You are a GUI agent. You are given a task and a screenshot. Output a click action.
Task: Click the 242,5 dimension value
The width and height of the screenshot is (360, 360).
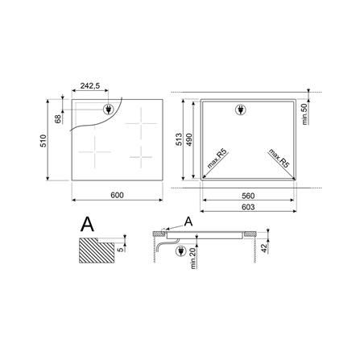90,86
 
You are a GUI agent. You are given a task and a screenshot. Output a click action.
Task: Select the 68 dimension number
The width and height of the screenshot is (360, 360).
58,118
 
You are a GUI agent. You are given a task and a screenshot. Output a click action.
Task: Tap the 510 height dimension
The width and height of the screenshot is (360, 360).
43,141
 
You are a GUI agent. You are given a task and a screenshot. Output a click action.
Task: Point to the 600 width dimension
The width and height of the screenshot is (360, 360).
117,195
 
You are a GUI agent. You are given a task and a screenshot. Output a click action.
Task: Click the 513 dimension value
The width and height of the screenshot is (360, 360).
179,139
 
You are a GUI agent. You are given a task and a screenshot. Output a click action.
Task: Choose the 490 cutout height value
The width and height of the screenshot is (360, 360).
189,139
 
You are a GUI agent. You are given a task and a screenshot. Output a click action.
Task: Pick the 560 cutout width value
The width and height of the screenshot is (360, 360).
248,196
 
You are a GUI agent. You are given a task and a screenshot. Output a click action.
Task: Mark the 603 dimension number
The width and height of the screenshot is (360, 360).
248,207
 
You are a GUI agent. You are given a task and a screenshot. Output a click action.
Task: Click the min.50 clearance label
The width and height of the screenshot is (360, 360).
304,114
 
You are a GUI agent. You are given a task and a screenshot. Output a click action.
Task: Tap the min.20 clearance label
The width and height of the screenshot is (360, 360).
193,259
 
